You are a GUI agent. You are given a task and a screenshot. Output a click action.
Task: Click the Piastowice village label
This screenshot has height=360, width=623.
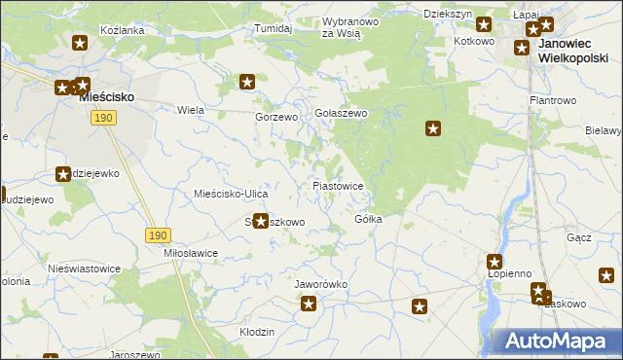(338, 185)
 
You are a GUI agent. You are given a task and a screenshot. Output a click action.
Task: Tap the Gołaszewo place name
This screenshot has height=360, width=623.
(340, 113)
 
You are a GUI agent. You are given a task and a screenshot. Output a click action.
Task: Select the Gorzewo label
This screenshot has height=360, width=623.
(275, 117)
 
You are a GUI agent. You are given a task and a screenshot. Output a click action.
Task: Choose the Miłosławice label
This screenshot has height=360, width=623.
(191, 252)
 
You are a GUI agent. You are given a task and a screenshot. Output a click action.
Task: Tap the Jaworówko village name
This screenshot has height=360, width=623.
(321, 284)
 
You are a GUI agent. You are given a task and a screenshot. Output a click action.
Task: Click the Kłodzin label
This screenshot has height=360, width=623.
(257, 332)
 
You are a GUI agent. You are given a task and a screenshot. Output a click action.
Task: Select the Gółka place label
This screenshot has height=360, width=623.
(368, 219)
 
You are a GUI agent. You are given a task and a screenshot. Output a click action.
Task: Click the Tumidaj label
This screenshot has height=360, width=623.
(274, 28)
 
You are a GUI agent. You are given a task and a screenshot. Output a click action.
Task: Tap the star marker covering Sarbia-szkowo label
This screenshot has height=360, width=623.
(260, 221)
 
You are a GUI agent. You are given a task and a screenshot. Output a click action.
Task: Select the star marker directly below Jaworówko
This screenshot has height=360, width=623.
(309, 305)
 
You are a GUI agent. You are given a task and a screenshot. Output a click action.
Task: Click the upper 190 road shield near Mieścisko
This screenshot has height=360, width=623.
(105, 118)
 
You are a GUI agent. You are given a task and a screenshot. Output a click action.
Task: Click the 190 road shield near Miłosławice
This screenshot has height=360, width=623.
(159, 235)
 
